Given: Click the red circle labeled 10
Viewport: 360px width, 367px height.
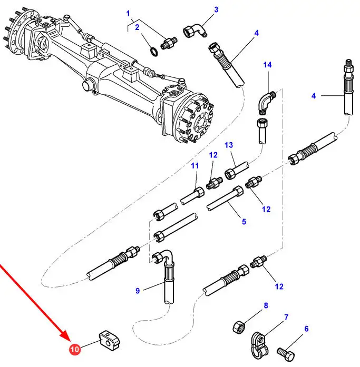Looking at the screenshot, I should click(x=74, y=349).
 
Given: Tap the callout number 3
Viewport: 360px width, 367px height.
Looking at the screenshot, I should click(x=216, y=9).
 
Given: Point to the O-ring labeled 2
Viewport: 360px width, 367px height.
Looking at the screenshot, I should click(x=153, y=51).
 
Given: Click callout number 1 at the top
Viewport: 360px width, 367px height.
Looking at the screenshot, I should click(x=127, y=12).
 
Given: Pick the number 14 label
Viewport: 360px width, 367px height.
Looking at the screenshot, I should click(x=268, y=65).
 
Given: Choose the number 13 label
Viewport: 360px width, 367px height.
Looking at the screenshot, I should click(x=228, y=145).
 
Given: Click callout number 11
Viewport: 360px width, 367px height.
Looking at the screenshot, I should click(x=196, y=166).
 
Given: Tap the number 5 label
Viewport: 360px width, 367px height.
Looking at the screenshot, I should click(x=244, y=222).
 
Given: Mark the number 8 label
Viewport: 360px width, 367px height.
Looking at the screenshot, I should click(x=266, y=305).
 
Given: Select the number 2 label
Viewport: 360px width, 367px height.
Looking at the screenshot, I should click(x=137, y=27).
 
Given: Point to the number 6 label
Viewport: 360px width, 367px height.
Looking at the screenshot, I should click(x=306, y=329).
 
